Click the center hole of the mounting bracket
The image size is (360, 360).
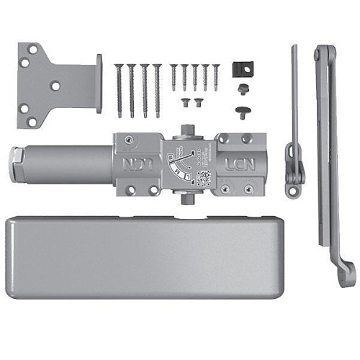pos(55,84)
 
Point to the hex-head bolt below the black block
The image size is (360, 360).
pos(242,88)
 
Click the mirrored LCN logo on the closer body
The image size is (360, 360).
pos(128,165)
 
